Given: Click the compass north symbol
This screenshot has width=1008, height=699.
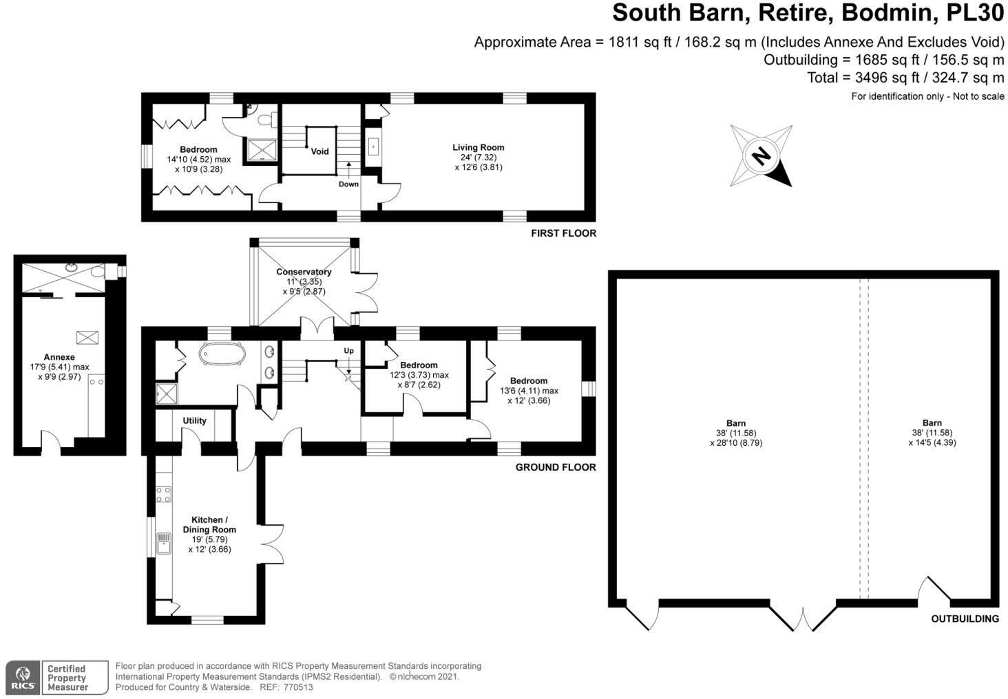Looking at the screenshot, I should pyautogui.click(x=761, y=155).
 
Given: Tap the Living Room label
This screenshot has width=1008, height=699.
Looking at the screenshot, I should pyautogui.click(x=478, y=147).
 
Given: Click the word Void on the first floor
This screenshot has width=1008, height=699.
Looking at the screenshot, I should pyautogui.click(x=320, y=151).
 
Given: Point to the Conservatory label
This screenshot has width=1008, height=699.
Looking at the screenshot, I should pyautogui.click(x=304, y=272).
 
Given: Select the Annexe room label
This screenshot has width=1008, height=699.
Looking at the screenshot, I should pyautogui.click(x=59, y=357).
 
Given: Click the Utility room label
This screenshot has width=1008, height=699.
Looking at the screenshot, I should pyautogui.click(x=194, y=420).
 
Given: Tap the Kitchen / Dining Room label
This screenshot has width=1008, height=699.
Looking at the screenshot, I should pyautogui.click(x=209, y=525).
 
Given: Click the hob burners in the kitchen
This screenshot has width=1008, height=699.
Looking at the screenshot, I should pyautogui.click(x=163, y=494).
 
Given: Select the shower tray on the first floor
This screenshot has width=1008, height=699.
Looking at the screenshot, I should pyautogui.click(x=261, y=149).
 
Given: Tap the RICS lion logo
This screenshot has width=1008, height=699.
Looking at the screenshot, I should pyautogui.click(x=23, y=678).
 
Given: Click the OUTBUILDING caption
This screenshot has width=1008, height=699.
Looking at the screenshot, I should pyautogui.click(x=965, y=619).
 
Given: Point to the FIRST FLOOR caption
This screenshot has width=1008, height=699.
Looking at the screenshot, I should pyautogui.click(x=563, y=233).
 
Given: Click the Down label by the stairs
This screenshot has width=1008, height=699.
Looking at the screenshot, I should pyautogui.click(x=348, y=184).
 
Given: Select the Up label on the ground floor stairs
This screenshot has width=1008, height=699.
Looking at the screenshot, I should pyautogui.click(x=348, y=351).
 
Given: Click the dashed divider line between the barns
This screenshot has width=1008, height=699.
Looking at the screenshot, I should pyautogui.click(x=864, y=440).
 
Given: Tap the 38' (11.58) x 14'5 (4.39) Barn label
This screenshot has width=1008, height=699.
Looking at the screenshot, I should pyautogui.click(x=932, y=433).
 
